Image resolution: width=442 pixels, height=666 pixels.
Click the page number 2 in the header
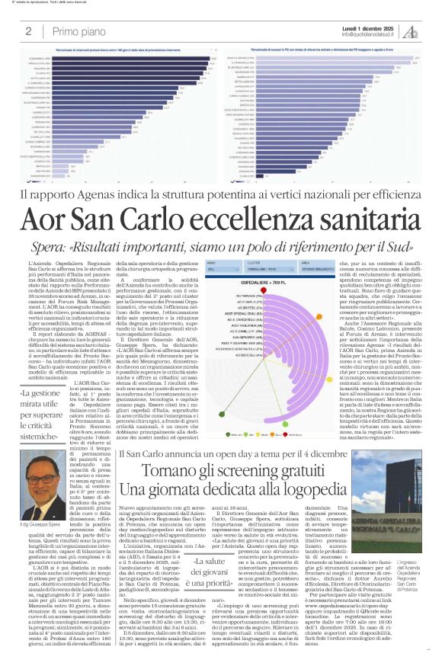(x=28, y=31)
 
